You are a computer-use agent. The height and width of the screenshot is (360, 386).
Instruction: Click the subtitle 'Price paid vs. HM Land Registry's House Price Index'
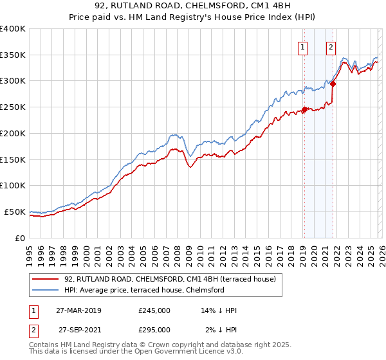point(193,19)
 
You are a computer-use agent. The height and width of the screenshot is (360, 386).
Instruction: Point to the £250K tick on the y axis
point(13,107)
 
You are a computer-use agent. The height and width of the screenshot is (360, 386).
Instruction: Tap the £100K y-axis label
point(13,185)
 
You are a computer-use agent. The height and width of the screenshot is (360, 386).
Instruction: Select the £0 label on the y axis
point(19,238)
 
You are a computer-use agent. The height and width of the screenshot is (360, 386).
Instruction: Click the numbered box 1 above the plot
point(302,46)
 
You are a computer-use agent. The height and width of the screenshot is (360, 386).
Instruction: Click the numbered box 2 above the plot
point(331,46)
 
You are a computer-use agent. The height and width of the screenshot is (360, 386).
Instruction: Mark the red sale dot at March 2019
point(304,109)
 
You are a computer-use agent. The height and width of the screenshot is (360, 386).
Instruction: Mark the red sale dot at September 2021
point(333,83)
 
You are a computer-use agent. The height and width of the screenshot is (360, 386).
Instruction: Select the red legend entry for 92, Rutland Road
point(170,279)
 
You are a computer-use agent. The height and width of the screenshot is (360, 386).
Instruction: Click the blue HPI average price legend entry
point(143,290)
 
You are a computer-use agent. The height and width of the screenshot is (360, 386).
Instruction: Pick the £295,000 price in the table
point(154,329)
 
